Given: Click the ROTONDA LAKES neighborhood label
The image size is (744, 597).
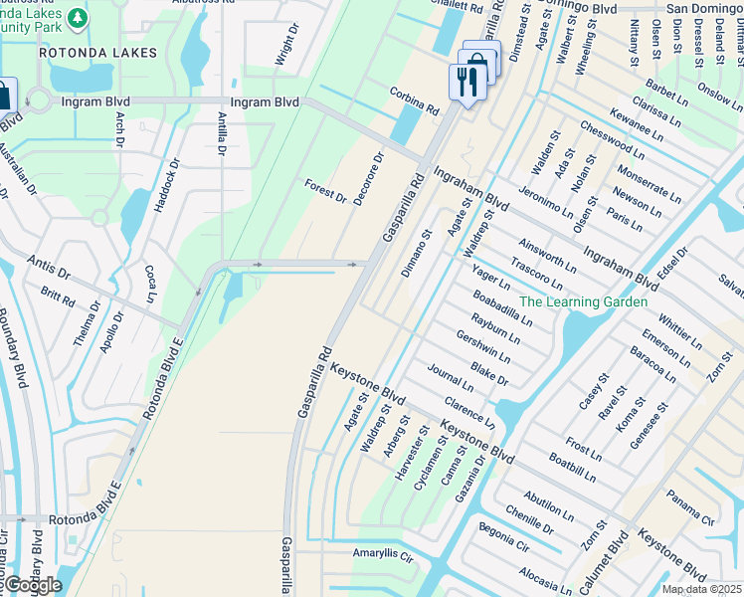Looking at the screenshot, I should click(x=98, y=52).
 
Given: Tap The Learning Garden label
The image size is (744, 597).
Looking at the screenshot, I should click(x=583, y=301).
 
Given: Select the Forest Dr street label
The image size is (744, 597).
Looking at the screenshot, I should click(x=326, y=192).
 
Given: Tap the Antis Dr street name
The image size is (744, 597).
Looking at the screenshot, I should click(x=50, y=266).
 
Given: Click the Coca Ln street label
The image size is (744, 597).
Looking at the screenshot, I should click(x=151, y=284).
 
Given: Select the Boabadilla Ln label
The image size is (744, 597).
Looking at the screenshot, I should click(x=502, y=307).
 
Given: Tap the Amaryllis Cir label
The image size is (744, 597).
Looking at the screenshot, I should click(x=382, y=554).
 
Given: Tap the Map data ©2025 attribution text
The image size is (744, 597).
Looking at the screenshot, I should click(x=702, y=589).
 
